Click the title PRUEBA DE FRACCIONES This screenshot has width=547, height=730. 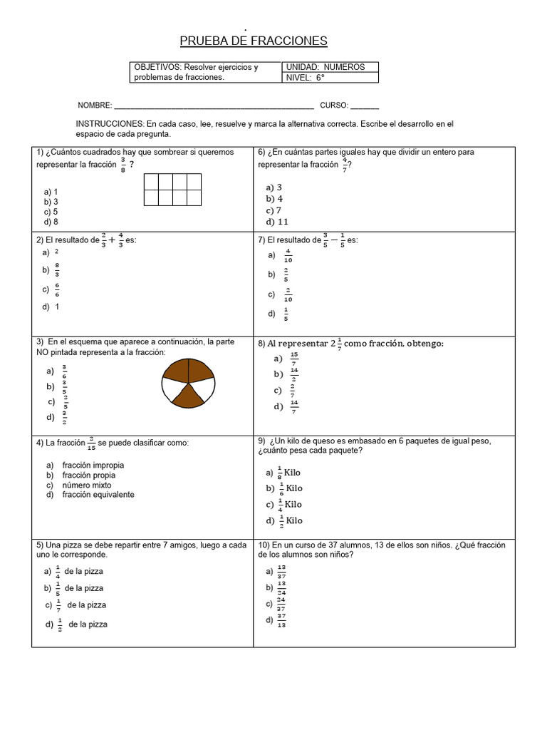coord(253,41)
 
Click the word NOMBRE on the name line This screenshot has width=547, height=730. coord(95,106)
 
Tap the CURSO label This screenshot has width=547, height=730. coord(333,106)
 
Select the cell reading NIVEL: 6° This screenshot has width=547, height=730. coord(330,78)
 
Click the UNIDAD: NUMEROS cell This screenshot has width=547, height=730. coord(330,67)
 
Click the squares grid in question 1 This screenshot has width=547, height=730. coord(172,190)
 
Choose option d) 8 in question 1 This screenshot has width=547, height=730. coord(51,222)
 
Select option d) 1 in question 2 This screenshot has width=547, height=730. coord(51,307)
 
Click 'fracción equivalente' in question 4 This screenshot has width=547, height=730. coord(98,495)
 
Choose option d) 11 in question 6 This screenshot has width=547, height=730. coord(277,222)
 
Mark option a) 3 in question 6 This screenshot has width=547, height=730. coord(274,187)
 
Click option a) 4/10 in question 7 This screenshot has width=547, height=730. coord(281,255)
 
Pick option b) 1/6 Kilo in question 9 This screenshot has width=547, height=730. coord(284,488)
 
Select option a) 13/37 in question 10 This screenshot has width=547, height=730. coord(276,571)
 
